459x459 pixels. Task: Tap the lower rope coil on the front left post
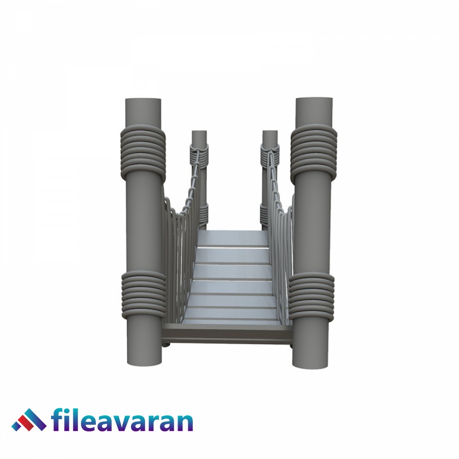[x=143, y=294]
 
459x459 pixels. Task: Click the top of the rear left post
[x=199, y=134]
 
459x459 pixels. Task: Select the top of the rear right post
[x=270, y=134]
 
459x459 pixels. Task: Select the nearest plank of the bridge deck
[x=229, y=315]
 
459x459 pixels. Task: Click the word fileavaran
[x=122, y=421]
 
